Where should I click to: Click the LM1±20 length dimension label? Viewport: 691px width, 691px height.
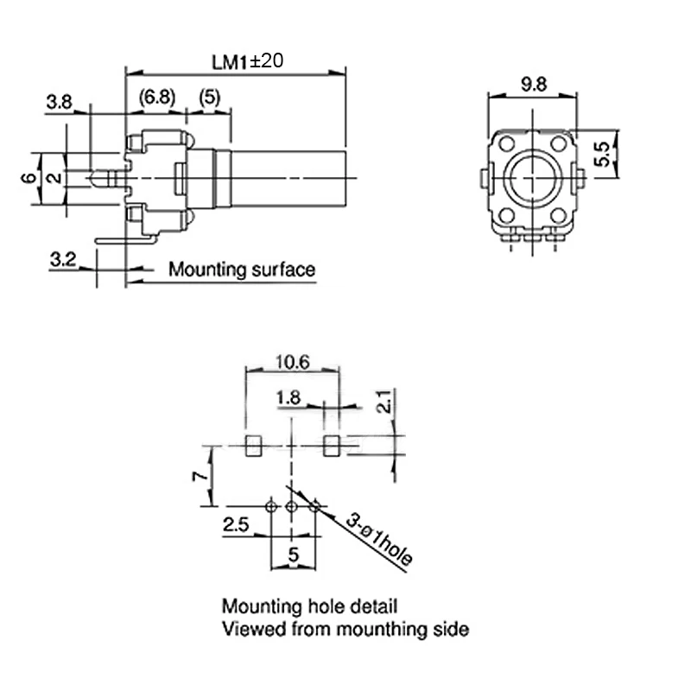pyautogui.click(x=247, y=61)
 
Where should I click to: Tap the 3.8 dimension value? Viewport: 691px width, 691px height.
pyautogui.click(x=59, y=102)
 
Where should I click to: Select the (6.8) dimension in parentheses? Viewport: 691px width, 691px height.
pyautogui.click(x=156, y=98)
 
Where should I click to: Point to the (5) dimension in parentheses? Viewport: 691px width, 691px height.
pyautogui.click(x=208, y=98)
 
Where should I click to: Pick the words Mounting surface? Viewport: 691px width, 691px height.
pyautogui.click(x=242, y=269)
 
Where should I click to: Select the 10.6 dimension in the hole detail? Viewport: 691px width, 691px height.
pyautogui.click(x=292, y=363)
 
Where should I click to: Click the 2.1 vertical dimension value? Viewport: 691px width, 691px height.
pyautogui.click(x=386, y=402)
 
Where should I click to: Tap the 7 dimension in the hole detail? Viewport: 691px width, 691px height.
pyautogui.click(x=198, y=476)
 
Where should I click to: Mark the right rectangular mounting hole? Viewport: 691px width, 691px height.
pyautogui.click(x=330, y=447)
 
